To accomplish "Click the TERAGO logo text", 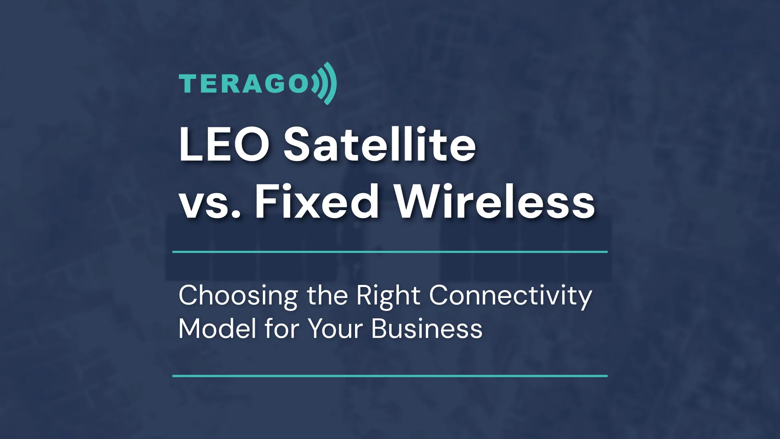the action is (x=244, y=83).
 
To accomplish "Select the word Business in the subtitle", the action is (x=427, y=328).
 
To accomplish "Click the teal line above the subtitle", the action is (x=390, y=252).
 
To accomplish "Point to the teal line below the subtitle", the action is (x=390, y=376).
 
